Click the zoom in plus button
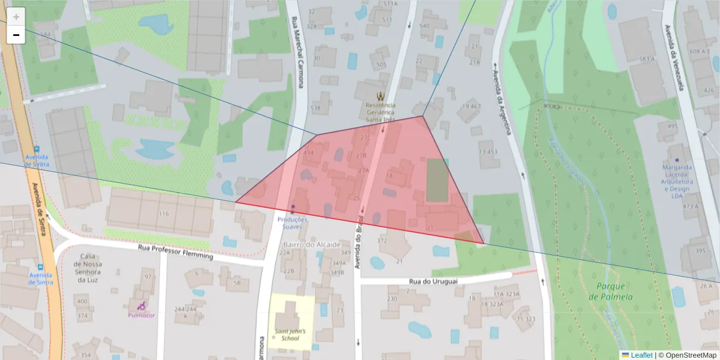coord(16,17)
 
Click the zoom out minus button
coord(16,35)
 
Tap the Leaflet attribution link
coord(641,355)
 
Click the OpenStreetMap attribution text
coord(687,355)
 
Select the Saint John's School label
coord(290,334)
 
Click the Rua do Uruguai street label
coord(433,281)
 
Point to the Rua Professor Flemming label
coord(175,251)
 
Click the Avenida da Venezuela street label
coord(674,57)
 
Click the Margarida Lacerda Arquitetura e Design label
coord(677,181)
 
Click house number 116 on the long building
coord(164,214)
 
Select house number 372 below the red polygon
coord(382,241)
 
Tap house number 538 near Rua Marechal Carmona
coord(315,109)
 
